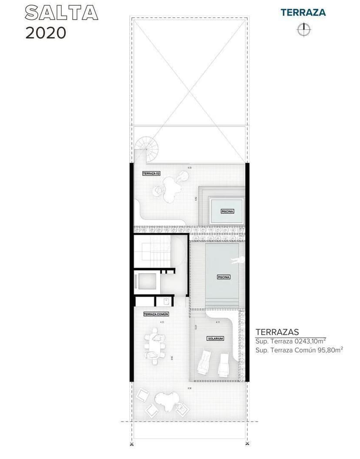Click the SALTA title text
pos(61,13)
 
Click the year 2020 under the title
pos(46,33)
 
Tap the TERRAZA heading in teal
pos(303,12)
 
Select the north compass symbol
pos(303,30)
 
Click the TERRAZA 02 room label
pos(151,173)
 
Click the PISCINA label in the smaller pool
pos(227,211)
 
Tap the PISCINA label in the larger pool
pos(223,277)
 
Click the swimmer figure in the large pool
pos(237,260)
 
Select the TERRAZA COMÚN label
pos(156,314)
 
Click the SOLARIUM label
pos(215,338)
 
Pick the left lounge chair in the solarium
pos(204,364)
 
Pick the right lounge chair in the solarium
pos(223,364)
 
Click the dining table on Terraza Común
pos(155,344)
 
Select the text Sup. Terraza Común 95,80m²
pos(299,349)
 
